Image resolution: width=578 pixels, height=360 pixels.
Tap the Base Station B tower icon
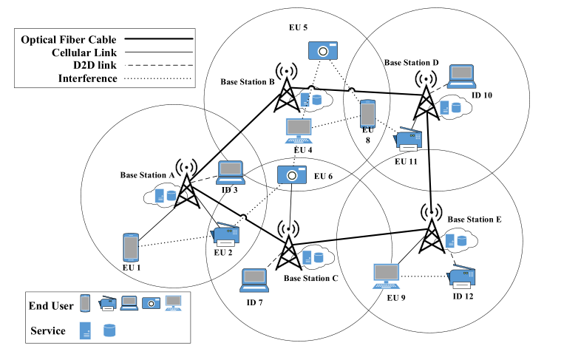click(x=286, y=89)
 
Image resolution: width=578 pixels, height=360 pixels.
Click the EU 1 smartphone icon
click(x=130, y=248)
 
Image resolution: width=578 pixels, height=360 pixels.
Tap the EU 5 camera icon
click(x=322, y=50)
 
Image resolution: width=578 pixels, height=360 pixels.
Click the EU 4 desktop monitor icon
click(x=299, y=130)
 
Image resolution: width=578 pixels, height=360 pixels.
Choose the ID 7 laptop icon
click(x=256, y=279)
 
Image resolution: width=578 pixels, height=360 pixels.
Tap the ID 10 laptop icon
click(x=461, y=76)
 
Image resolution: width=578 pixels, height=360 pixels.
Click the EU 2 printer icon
click(x=225, y=235)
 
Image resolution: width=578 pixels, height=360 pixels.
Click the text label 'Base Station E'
click(x=474, y=220)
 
